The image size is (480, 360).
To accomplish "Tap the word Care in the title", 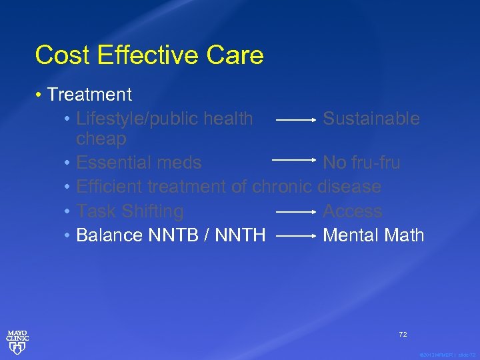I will pyautogui.click(x=239, y=55).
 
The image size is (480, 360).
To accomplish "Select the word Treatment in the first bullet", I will pyautogui.click(x=89, y=95).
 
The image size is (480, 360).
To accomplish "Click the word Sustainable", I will pyautogui.click(x=371, y=119).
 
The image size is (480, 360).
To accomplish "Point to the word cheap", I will pyautogui.click(x=101, y=139).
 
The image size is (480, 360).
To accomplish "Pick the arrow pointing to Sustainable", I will pyautogui.click(x=296, y=121).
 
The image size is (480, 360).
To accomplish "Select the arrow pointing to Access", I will pyautogui.click(x=296, y=212).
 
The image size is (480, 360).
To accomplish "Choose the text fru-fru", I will pyautogui.click(x=376, y=163).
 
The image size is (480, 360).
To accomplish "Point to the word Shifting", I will pyautogui.click(x=153, y=211).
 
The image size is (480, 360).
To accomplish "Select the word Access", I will pyautogui.click(x=353, y=211).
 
